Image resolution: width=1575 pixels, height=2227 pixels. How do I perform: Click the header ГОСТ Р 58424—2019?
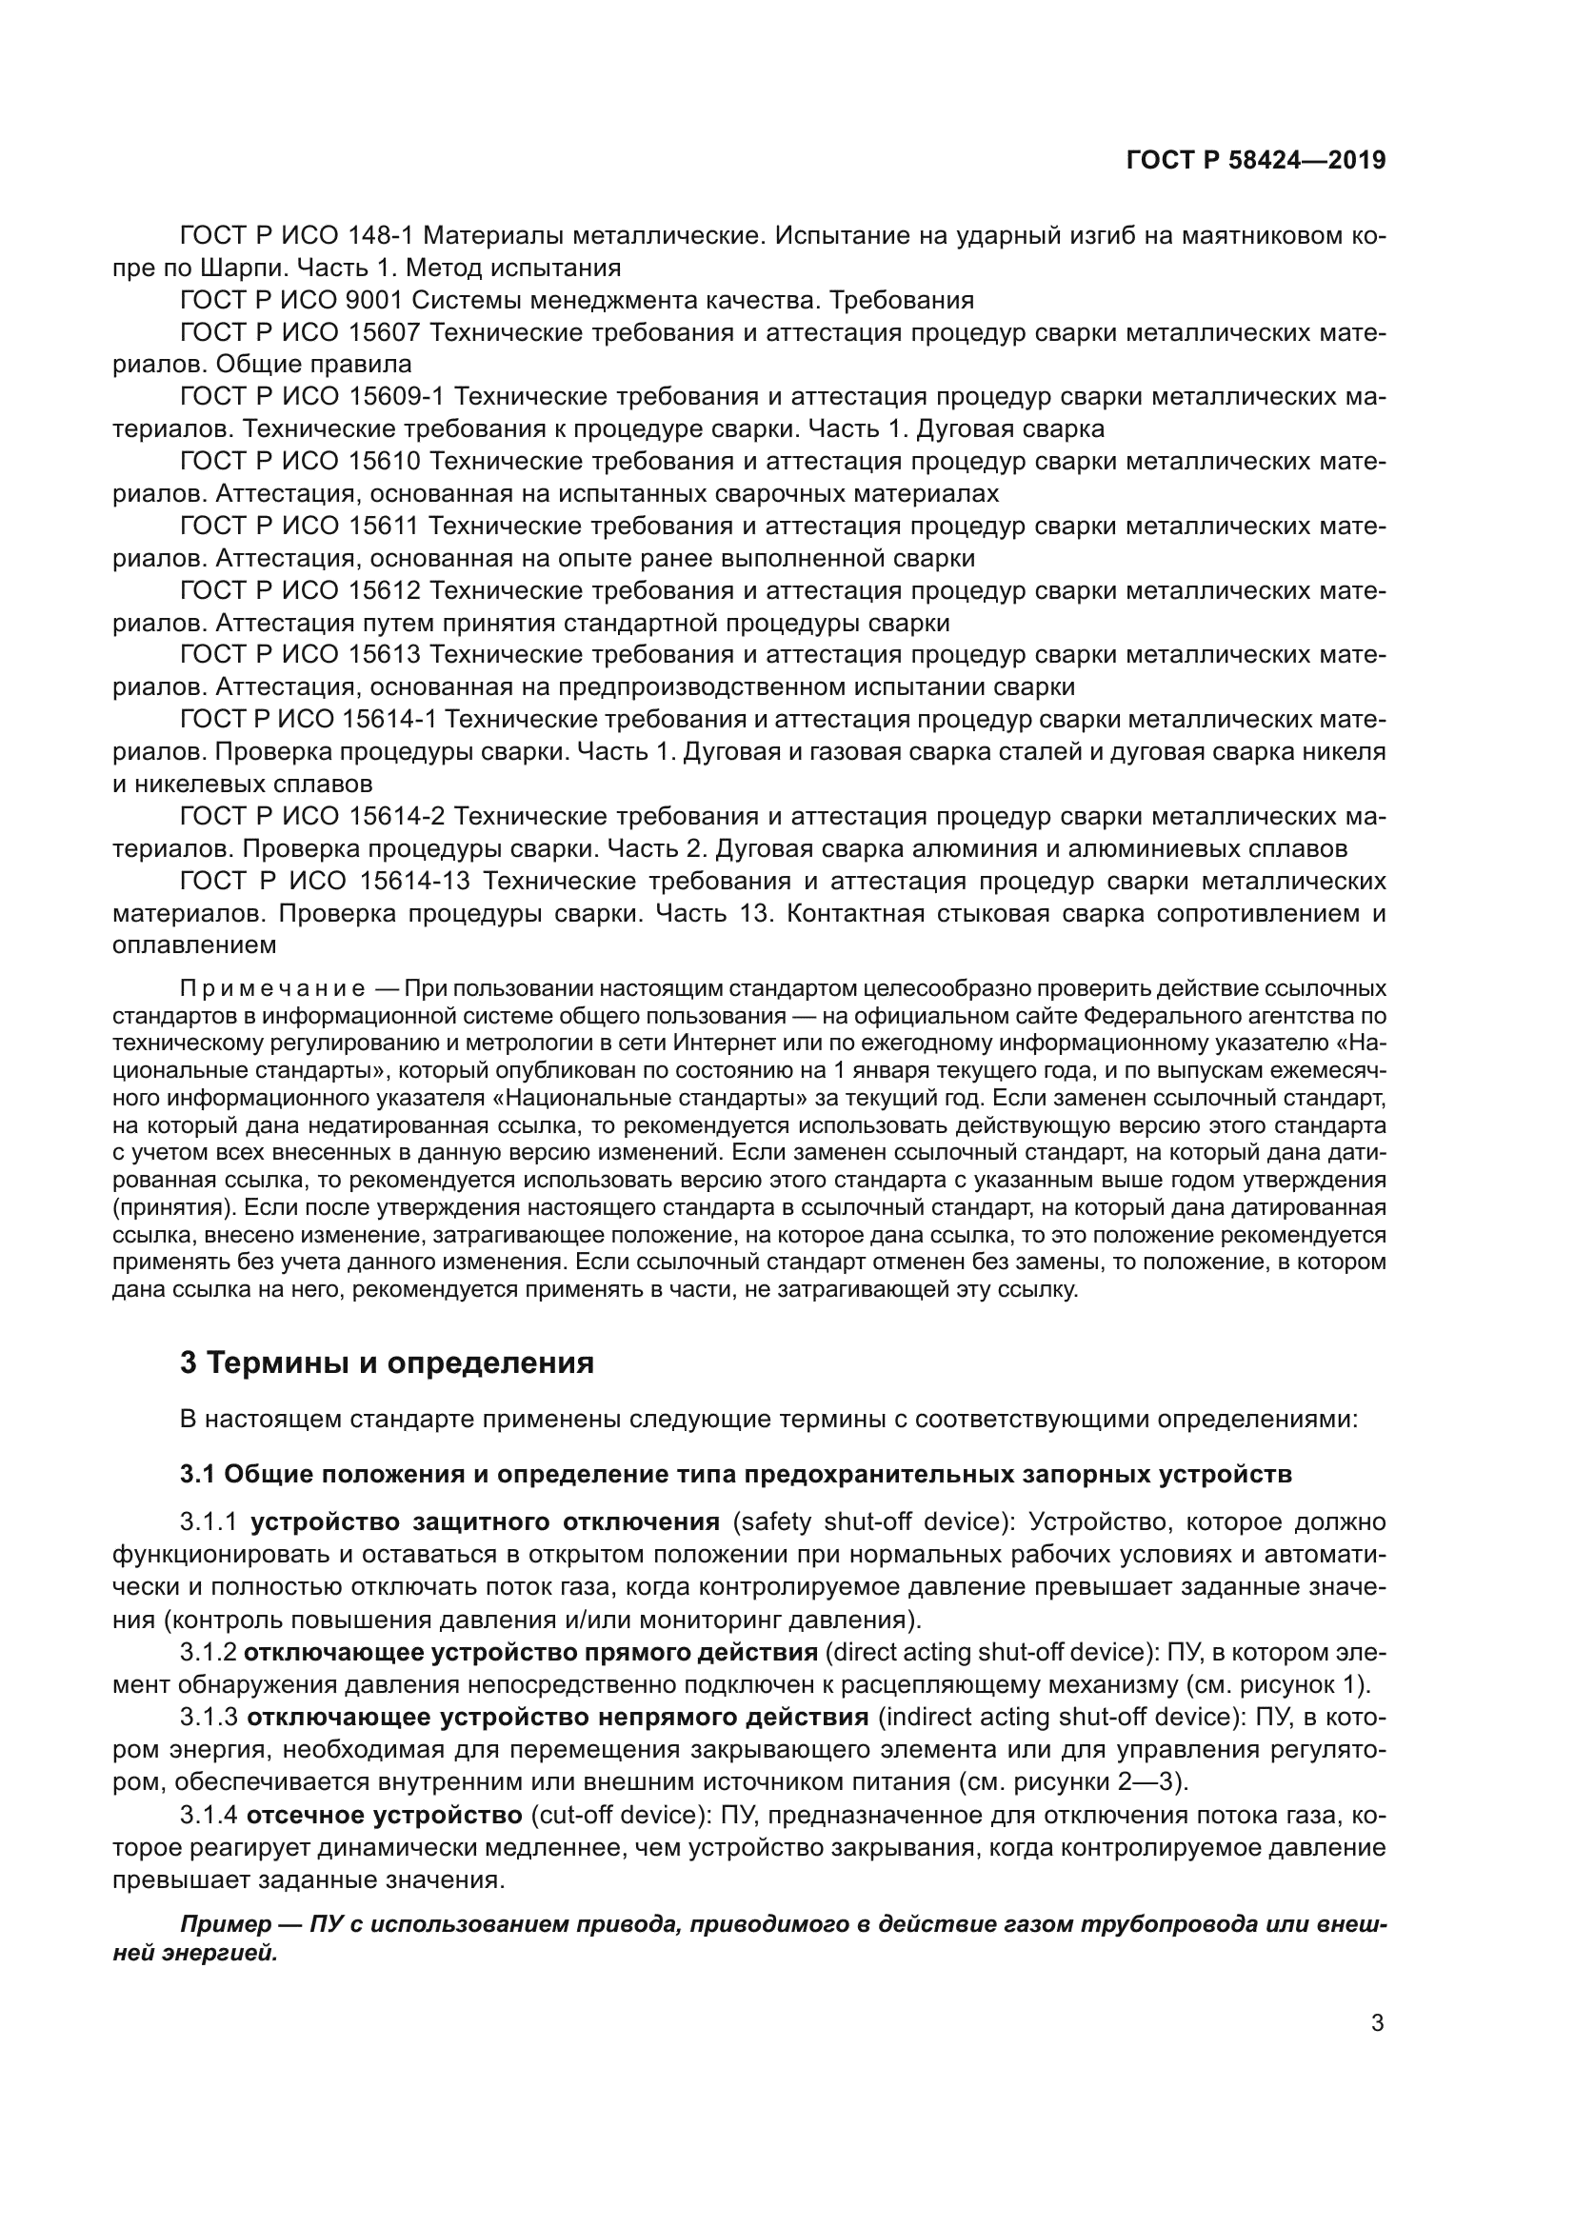point(1256,161)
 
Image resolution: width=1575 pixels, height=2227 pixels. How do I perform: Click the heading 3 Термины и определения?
point(386,1362)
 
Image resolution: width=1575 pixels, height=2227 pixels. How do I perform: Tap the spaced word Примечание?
point(272,989)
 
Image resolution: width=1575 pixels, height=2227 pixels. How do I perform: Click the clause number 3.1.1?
point(209,1521)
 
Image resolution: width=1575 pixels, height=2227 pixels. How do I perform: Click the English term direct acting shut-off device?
point(985,1652)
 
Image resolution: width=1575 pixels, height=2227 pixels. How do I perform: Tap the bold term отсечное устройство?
point(384,1815)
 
